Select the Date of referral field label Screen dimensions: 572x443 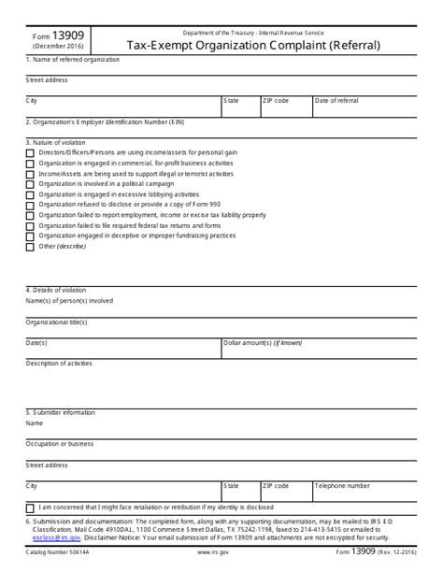pos(336,100)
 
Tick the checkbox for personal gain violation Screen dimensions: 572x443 pos(30,152)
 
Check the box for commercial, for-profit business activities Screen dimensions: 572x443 pos(30,163)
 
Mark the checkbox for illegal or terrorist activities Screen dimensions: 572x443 pos(30,173)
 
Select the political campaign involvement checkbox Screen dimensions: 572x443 pos(30,183)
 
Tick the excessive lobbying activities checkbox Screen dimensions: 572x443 pos(30,194)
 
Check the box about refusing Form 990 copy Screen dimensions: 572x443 pos(30,205)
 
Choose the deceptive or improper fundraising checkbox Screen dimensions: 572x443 pos(30,236)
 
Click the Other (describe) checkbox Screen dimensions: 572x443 pos(30,247)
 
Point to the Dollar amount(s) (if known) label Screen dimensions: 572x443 pos(264,342)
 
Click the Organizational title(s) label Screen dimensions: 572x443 pos(57,322)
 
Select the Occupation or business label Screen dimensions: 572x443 pos(60,443)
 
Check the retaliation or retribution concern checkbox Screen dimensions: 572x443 pos(30,508)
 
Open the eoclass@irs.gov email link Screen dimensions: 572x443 pos(56,538)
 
